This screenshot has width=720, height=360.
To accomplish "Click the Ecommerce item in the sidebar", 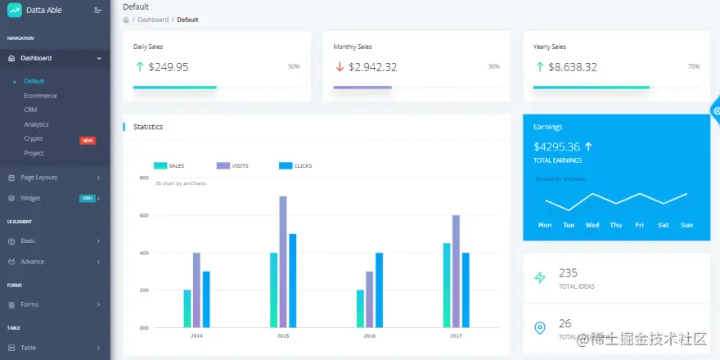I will click(x=40, y=96).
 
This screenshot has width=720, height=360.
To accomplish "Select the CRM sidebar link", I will click(x=30, y=110).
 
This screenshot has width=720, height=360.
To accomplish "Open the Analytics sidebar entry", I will click(x=36, y=124).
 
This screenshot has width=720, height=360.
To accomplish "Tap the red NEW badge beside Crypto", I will click(x=88, y=140).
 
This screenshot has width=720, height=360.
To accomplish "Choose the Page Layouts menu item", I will click(x=38, y=177).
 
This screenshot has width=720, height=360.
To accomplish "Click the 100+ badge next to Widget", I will click(x=88, y=198).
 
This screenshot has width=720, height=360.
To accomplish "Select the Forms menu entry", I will click(x=29, y=304).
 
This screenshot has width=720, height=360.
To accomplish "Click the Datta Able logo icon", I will click(x=15, y=10).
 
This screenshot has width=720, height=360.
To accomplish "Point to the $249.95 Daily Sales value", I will click(x=169, y=67).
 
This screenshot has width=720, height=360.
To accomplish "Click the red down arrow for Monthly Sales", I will click(x=340, y=67).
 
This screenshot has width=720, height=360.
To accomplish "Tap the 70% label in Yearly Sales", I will click(x=694, y=66).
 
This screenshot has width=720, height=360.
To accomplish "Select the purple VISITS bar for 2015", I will click(x=283, y=262).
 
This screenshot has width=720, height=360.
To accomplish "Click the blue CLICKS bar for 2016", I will click(x=379, y=290).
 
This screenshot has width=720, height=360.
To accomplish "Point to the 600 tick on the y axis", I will click(x=144, y=215).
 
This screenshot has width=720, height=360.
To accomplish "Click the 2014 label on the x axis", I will click(x=196, y=335).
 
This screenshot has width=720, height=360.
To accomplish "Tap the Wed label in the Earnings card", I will click(x=592, y=225).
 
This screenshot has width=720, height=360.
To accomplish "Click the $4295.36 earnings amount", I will click(x=556, y=147).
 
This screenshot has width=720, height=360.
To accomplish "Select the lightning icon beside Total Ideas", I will click(x=540, y=277).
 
